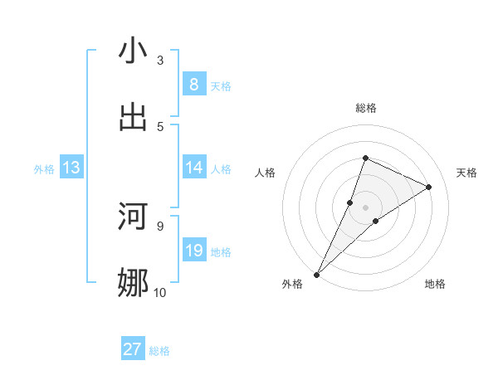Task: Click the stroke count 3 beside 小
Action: pos(160,61)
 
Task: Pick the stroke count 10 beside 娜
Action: pos(159,292)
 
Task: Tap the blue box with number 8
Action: pos(194,85)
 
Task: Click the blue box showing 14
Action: pos(194,168)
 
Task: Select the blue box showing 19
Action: pos(194,251)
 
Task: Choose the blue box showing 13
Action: pos(71,168)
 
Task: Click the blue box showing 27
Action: pos(133,349)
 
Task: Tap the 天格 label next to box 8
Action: pos(221,86)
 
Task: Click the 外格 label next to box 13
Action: pos(44,169)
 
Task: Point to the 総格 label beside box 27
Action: pos(159,351)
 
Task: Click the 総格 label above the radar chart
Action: pos(365,108)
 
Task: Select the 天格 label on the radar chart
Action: pos(467,173)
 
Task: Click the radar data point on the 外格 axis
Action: pos(316,274)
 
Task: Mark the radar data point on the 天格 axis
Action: pos(429,187)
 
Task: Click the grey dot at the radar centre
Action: pos(365,207)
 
